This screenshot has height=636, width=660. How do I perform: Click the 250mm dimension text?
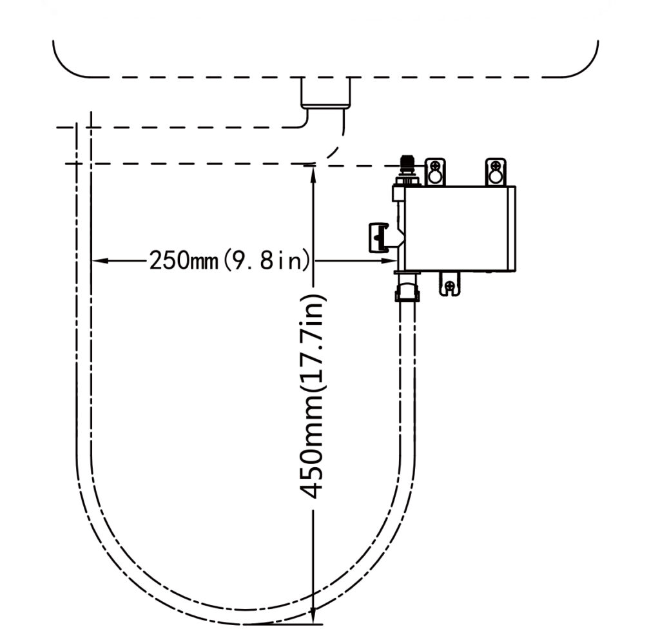tap(184, 260)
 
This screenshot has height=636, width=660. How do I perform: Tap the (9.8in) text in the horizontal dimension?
tap(266, 260)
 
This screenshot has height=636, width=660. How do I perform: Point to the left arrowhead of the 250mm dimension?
tap(98, 261)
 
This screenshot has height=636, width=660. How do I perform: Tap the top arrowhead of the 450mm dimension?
tap(313, 173)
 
